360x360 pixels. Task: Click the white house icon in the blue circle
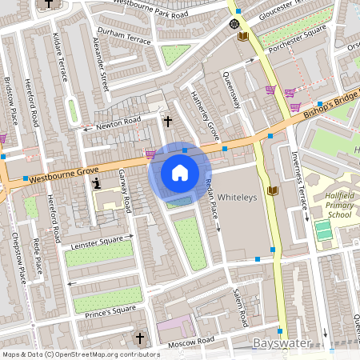(180, 172)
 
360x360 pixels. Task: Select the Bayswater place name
(282, 343)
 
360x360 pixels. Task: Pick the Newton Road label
(118, 121)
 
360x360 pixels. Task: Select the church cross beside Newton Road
(167, 122)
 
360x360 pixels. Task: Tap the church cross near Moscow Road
(141, 338)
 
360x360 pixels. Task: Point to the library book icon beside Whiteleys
(272, 190)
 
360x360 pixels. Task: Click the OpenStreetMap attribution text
(81, 354)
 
